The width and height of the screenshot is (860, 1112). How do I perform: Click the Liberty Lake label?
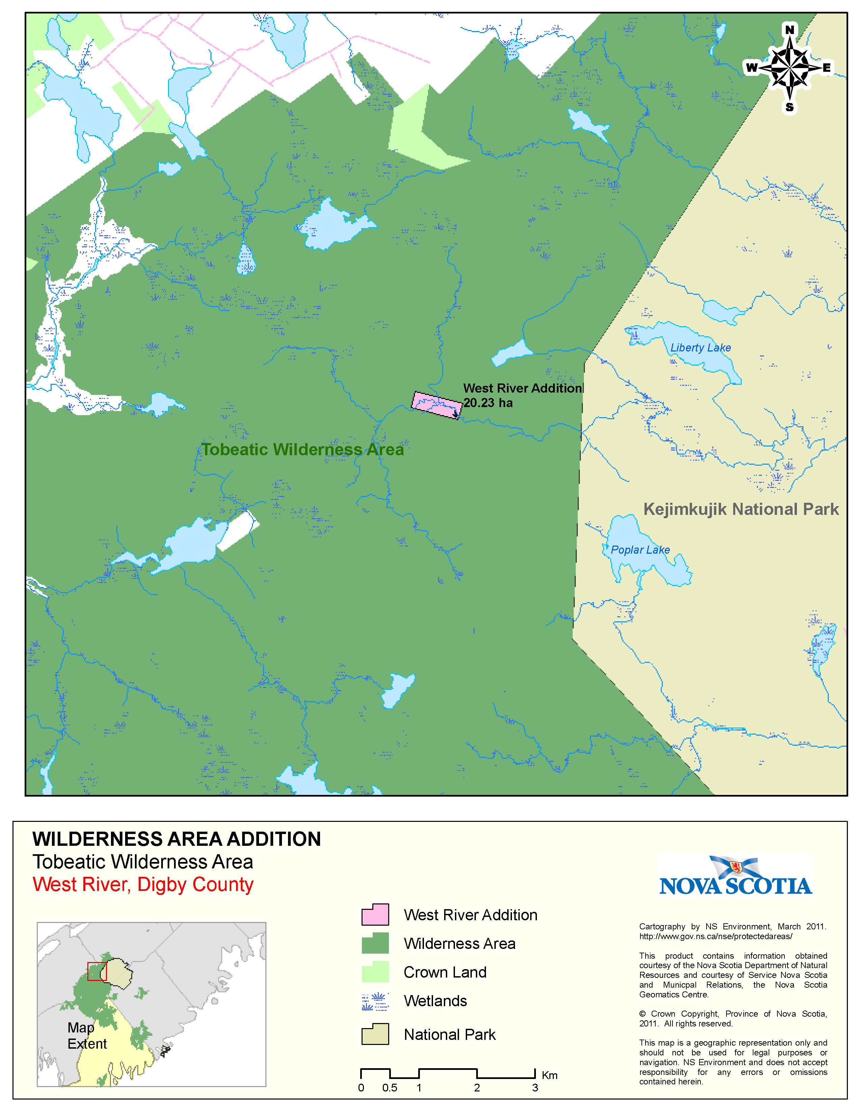700,348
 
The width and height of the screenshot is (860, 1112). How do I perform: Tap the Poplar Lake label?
640,550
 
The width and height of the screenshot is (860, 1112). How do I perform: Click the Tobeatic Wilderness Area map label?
303,450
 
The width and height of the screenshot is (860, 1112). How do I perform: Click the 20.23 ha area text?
488,403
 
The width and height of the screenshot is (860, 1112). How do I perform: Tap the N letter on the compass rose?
789,30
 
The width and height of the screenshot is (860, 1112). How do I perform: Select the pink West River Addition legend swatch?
375,915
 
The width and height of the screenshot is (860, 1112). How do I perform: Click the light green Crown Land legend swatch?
375,972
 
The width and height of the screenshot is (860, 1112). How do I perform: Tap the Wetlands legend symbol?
375,1001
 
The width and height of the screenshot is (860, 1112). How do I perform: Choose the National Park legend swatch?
375,1034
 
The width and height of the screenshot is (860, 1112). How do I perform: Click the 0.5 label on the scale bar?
390,1088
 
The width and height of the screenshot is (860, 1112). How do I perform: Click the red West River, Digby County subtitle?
143,885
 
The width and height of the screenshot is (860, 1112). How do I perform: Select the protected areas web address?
715,936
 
